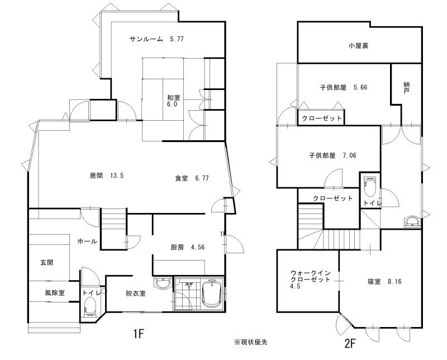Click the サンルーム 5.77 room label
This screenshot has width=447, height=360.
tap(156, 39)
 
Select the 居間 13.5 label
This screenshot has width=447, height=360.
tap(107, 176)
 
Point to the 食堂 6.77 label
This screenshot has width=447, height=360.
tap(192, 178)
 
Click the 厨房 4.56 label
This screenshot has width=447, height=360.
tap(188, 247)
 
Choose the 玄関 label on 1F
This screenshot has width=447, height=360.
tap(47, 262)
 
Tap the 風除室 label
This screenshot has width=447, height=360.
tap(54, 293)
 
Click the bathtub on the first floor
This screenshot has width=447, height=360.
tap(212, 294)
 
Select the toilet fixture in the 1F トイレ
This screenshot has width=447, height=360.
tap(89, 306)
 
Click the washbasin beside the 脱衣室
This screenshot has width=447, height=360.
tap(163, 283)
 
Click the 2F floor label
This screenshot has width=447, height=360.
tap(350, 343)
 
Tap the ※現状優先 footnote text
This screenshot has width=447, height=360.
tap(251, 342)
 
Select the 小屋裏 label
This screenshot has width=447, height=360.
tap(358, 46)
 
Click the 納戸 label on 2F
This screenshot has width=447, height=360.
tap(407, 88)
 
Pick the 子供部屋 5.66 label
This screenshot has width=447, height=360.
tap(344, 87)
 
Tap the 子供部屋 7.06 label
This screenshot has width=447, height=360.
tap(332, 155)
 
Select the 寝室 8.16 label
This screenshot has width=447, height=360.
tap(384, 282)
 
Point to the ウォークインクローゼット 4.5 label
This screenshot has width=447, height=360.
tap(310, 280)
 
